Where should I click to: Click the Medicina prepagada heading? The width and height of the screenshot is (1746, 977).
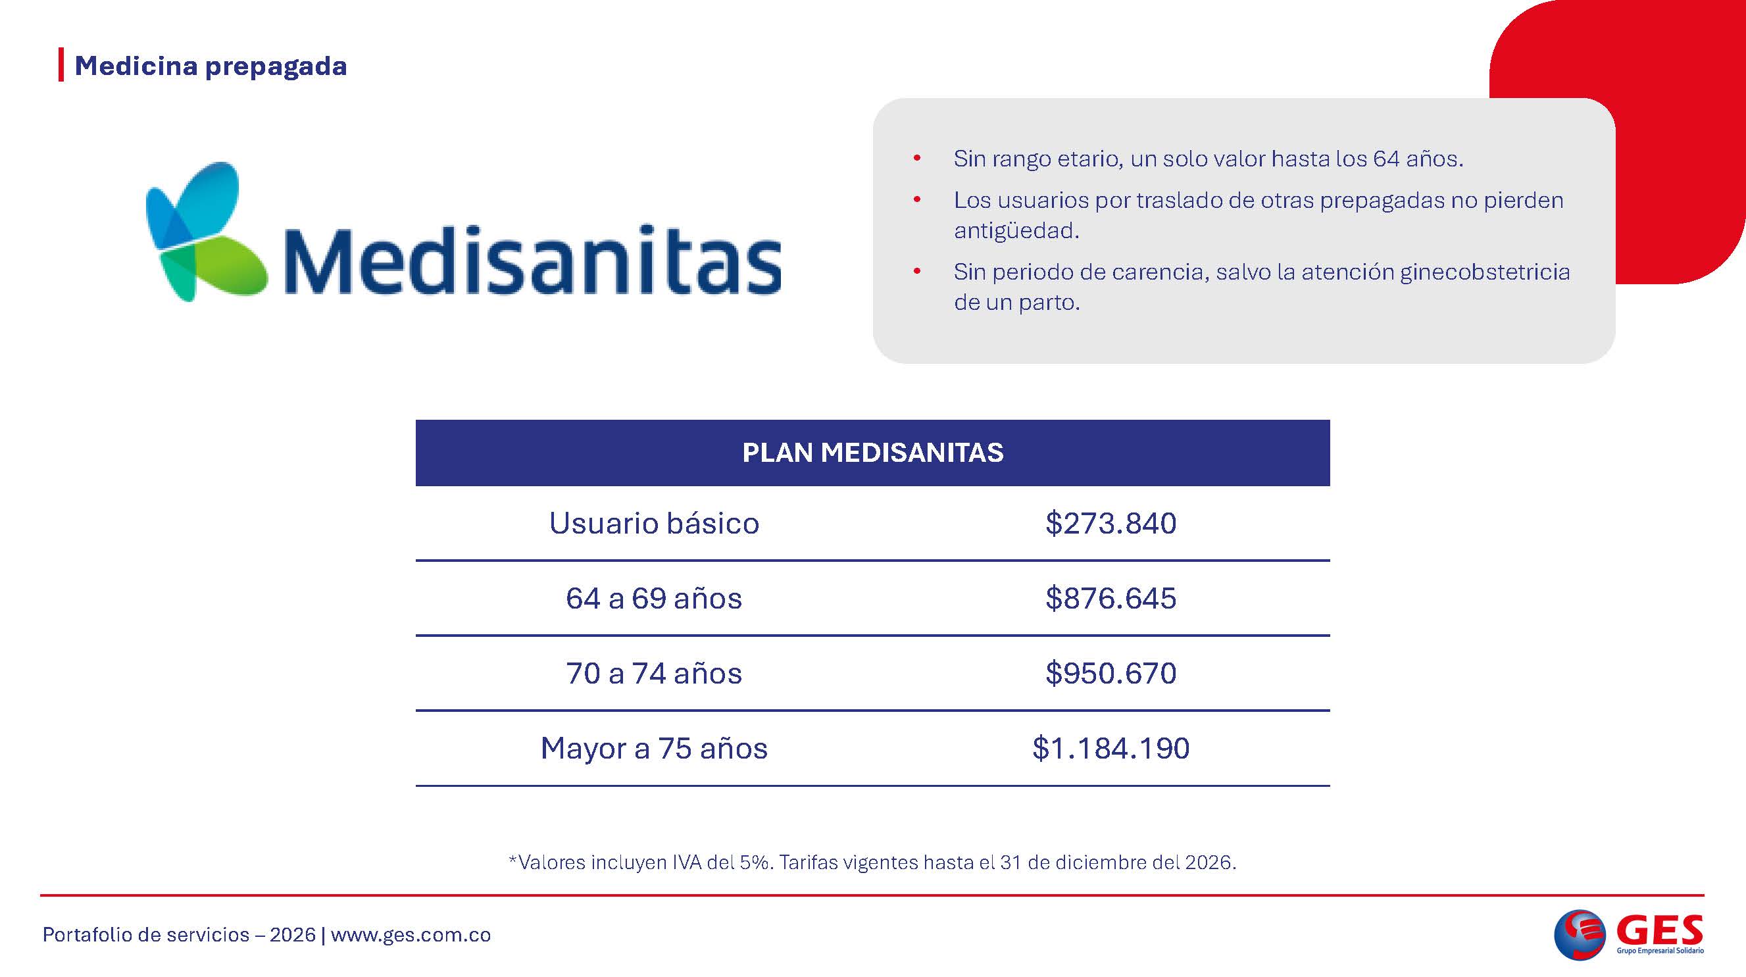[x=211, y=66]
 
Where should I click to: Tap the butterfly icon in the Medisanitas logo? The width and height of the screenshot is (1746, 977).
[x=206, y=232]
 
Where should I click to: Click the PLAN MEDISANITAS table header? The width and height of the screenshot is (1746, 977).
[x=873, y=453]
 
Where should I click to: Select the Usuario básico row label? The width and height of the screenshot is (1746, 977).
[x=654, y=524]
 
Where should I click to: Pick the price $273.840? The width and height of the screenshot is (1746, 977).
[x=1111, y=524]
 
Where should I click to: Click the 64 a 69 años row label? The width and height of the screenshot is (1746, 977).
[x=654, y=599]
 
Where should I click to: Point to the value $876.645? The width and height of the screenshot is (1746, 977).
[x=1111, y=599]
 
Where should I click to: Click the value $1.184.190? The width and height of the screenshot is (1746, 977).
[x=1111, y=749]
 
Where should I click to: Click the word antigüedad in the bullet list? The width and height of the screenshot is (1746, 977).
[x=1016, y=231]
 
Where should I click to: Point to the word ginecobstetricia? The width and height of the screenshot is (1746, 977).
[x=1485, y=272]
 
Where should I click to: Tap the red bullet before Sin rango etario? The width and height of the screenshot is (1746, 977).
[x=917, y=159]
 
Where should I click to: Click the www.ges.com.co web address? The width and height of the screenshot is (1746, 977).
[x=411, y=935]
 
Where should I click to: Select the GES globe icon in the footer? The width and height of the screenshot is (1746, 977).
[x=1580, y=934]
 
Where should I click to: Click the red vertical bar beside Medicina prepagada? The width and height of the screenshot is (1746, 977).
[x=61, y=65]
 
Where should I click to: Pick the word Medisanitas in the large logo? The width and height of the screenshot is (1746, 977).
[x=533, y=261]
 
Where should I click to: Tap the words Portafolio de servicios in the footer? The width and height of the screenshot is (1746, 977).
[x=147, y=935]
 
